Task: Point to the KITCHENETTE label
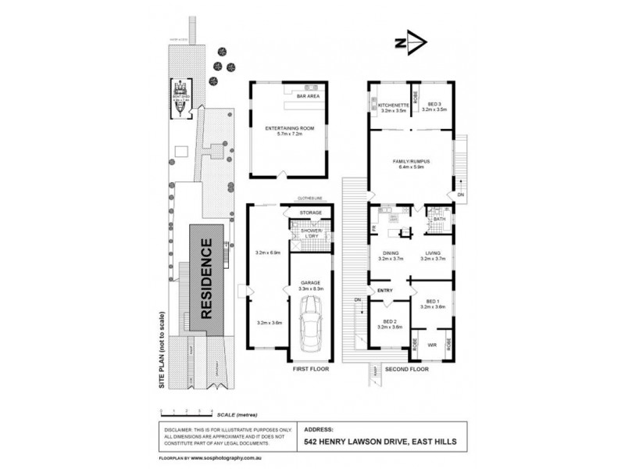click(389, 105)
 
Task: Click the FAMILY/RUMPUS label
click(412, 161)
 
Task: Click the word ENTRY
click(384, 291)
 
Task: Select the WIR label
click(432, 343)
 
